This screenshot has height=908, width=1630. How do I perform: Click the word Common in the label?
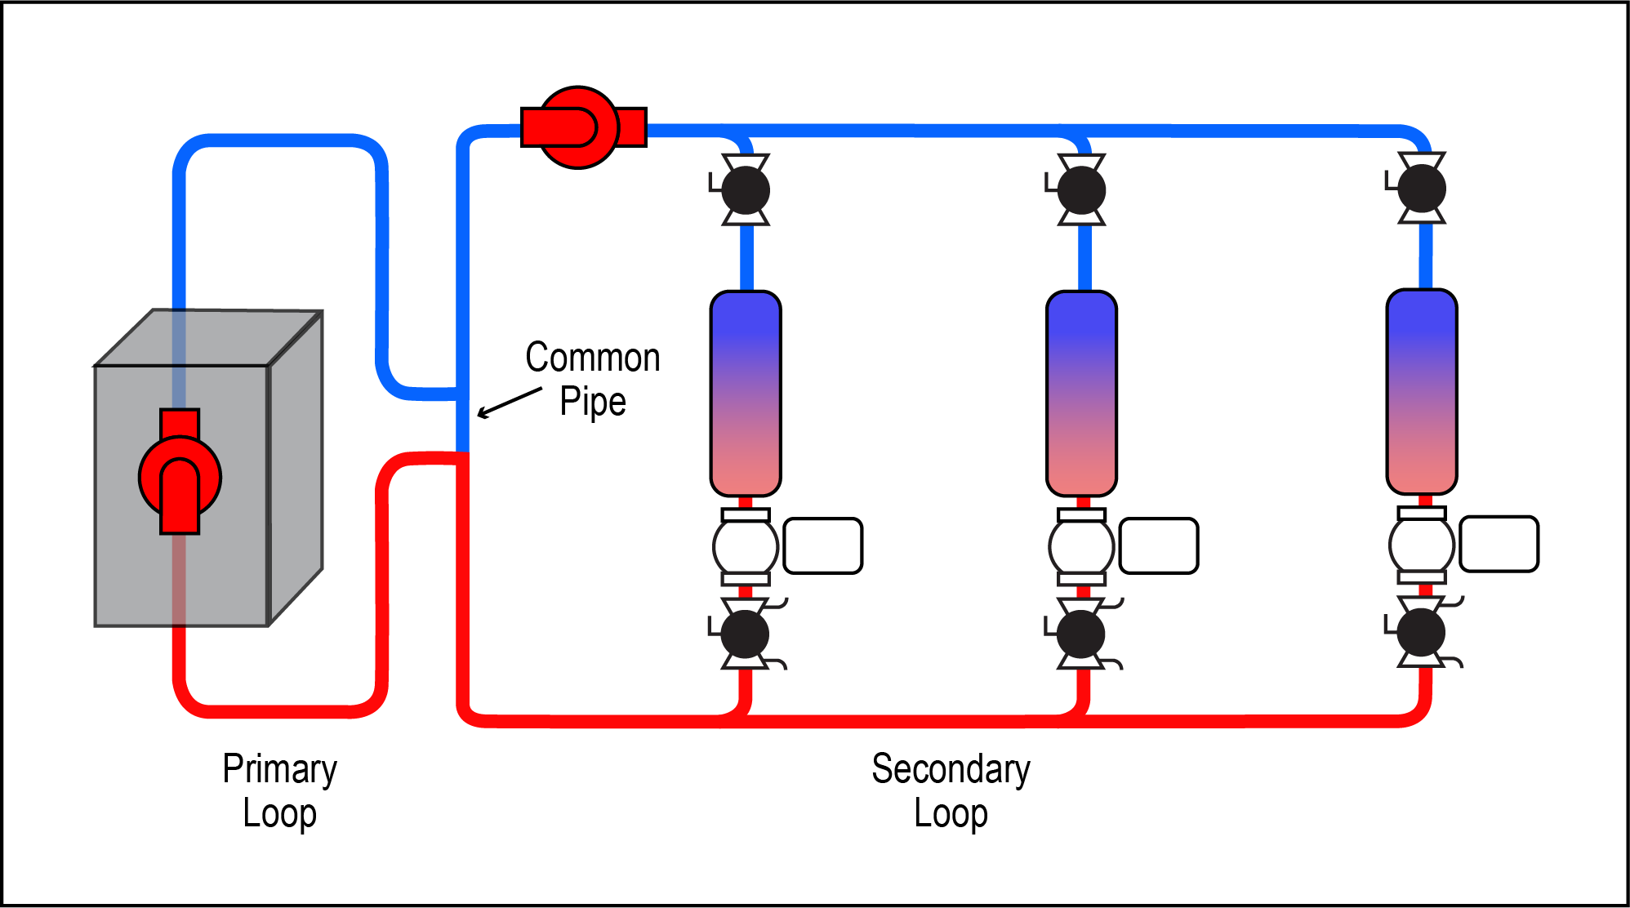tap(592, 358)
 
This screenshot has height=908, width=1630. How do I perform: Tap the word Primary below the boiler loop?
tap(279, 769)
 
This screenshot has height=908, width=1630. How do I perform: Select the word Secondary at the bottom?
tap(951, 769)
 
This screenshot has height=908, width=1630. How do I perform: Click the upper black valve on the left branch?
tap(746, 190)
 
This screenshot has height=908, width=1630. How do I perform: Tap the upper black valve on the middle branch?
tap(1082, 190)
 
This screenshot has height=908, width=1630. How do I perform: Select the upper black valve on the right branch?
tap(1422, 189)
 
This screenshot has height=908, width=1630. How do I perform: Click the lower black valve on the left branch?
tap(745, 634)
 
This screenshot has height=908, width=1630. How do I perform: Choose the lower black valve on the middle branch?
tap(1081, 634)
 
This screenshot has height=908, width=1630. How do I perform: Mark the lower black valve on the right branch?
tap(1421, 632)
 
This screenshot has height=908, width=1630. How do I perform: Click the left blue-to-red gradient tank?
tap(746, 393)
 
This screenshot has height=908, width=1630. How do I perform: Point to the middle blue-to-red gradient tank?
tap(1082, 393)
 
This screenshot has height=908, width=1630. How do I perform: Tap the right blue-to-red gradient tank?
tap(1422, 391)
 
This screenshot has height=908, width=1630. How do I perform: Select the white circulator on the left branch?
tap(746, 546)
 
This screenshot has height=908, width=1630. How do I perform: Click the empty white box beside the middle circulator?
tap(1159, 545)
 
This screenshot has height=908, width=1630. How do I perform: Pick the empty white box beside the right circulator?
tap(1499, 544)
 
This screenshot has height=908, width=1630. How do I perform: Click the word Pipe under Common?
tap(592, 402)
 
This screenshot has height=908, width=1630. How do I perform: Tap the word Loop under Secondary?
tap(951, 813)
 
